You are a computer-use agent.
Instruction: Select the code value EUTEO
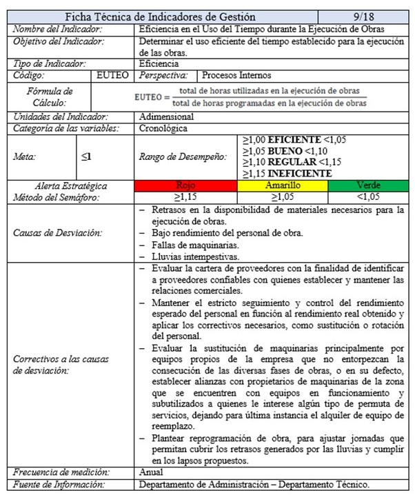click(112, 75)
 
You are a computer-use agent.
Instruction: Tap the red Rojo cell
click(185, 185)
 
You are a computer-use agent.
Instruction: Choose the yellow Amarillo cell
click(282, 185)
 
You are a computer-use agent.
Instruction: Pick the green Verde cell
click(367, 185)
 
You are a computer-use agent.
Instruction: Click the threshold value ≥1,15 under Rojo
click(185, 197)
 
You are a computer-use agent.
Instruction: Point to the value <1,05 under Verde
click(367, 197)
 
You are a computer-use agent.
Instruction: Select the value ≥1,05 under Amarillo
click(282, 197)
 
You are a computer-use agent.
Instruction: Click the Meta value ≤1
click(86, 156)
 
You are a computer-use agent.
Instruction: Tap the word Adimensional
click(166, 117)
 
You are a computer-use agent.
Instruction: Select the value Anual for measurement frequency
click(151, 472)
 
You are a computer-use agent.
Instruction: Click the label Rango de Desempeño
click(183, 156)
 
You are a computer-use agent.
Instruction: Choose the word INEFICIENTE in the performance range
click(292, 173)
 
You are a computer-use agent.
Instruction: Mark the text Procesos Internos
click(237, 75)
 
